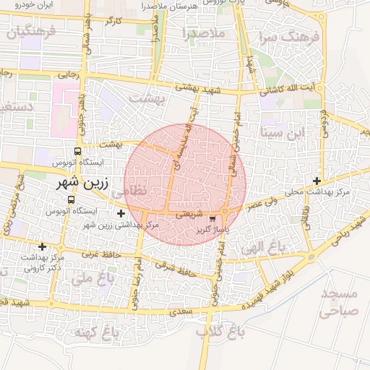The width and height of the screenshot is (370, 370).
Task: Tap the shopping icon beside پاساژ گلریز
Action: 212,218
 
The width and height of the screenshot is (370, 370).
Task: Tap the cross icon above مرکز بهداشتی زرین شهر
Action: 121,213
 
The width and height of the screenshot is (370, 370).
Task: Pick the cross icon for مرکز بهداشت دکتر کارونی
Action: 42,246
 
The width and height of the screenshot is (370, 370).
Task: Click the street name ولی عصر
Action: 263,206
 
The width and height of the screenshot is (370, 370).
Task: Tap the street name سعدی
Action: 178,312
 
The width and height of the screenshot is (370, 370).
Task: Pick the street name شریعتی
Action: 189,214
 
